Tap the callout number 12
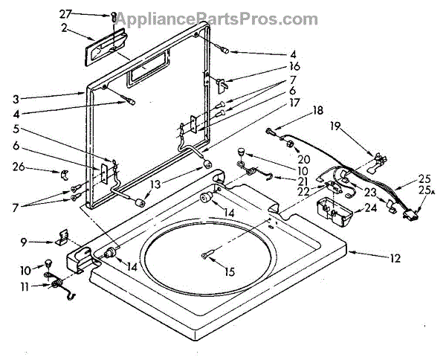tap(395, 259)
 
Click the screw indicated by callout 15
tap(206, 257)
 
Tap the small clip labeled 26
tap(64, 176)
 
